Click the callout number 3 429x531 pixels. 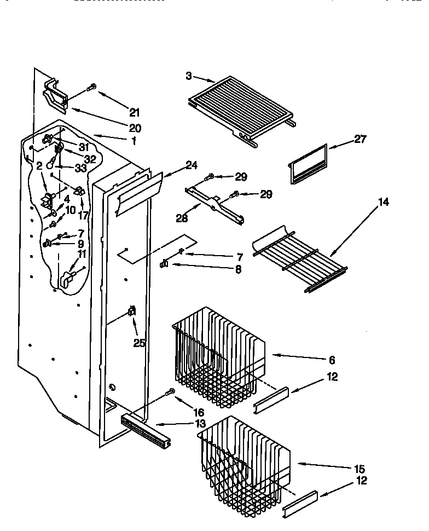click(x=189, y=76)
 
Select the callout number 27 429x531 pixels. click(x=361, y=138)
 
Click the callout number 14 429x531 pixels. click(x=384, y=203)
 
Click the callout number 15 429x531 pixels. click(x=360, y=469)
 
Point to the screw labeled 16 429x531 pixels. click(x=171, y=391)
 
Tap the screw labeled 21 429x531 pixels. click(x=92, y=86)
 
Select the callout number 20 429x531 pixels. click(x=135, y=128)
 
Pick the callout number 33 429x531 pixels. click(x=81, y=169)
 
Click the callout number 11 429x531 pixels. click(x=82, y=253)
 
